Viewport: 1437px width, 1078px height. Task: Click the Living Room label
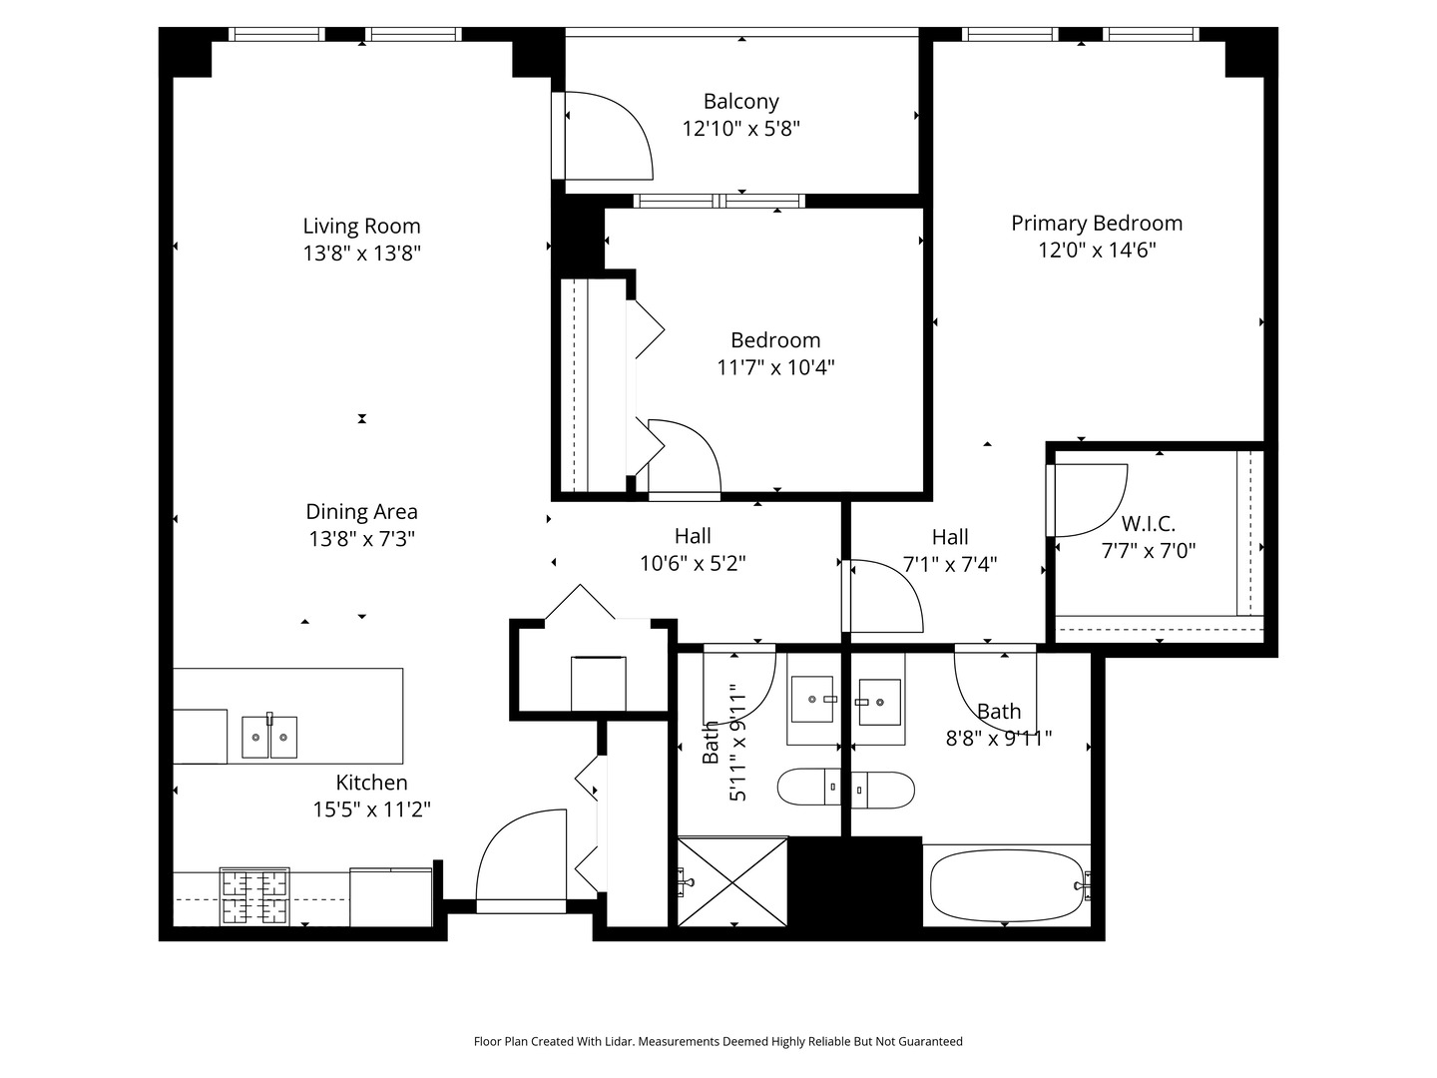361,226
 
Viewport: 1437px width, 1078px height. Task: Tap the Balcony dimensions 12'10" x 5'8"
740,129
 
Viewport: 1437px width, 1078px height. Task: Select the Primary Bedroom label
1097,223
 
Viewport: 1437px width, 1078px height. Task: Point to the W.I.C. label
1148,523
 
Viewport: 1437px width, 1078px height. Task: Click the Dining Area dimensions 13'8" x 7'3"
361,539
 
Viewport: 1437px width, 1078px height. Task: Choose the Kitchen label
371,783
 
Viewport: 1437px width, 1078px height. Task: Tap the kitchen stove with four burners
254,896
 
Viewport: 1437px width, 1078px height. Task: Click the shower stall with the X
732,881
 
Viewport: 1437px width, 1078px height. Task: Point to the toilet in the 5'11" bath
809,789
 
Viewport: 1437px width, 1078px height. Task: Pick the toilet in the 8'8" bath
883,790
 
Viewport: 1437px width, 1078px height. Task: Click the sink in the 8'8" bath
879,703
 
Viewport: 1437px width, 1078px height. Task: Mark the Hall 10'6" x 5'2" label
693,536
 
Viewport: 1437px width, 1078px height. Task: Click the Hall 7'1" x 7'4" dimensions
950,564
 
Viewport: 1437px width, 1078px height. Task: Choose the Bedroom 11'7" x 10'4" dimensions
775,367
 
